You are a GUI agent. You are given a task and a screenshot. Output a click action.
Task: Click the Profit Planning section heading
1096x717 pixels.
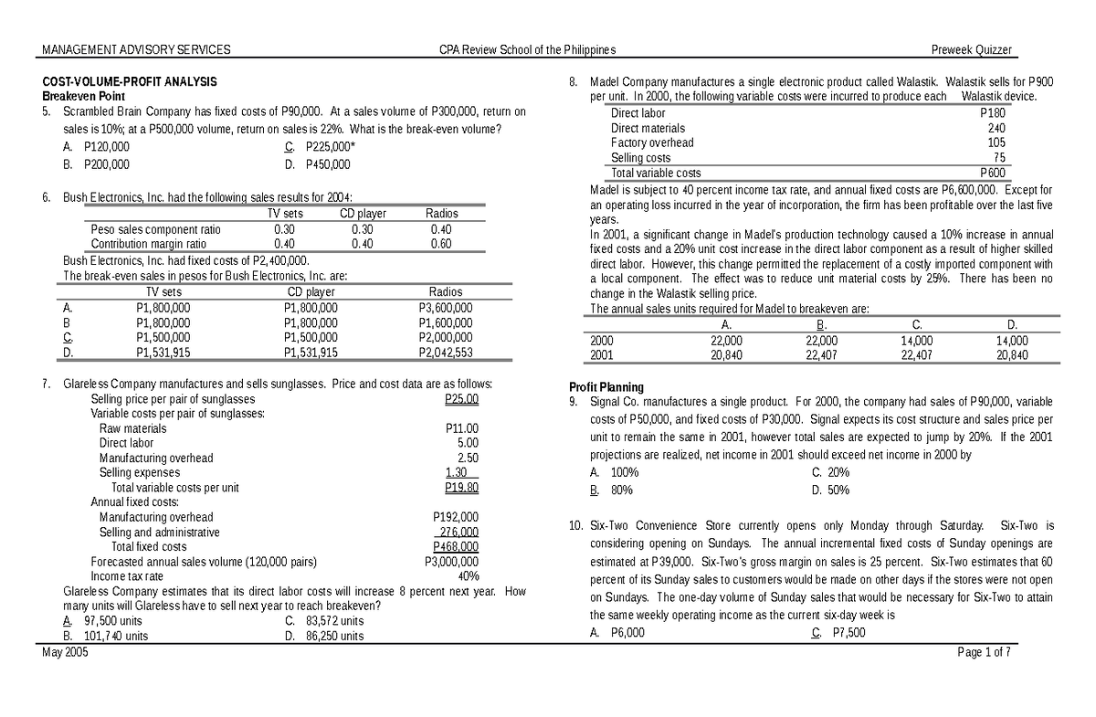[x=606, y=386]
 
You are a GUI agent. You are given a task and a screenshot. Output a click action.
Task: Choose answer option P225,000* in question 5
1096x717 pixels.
[x=330, y=145]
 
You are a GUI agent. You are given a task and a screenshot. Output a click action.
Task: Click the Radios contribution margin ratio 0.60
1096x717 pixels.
[x=441, y=244]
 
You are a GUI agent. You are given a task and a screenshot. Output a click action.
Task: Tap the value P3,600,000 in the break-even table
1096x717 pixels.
[x=445, y=308]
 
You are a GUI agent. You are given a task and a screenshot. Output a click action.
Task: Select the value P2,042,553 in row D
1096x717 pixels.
[x=445, y=352]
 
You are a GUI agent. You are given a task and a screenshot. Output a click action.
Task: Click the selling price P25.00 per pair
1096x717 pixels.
[x=461, y=399]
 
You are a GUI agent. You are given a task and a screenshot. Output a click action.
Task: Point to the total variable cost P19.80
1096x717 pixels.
[x=461, y=487]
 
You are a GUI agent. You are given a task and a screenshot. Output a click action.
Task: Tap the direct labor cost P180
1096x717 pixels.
[x=992, y=113]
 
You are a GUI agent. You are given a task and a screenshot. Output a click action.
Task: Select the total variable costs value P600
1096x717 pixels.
[x=992, y=172]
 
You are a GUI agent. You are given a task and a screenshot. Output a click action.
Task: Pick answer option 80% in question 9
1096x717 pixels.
[x=625, y=490]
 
